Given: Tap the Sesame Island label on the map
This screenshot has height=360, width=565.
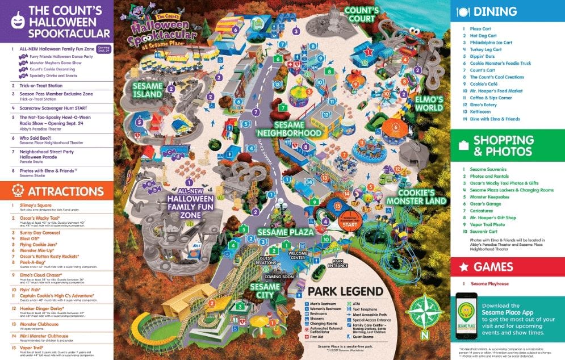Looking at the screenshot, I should coord(147,90).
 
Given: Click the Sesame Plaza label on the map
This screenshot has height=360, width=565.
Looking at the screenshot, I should coord(285,232).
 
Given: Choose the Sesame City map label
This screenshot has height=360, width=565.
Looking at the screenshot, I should coord(265,291).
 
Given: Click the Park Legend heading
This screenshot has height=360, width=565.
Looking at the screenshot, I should coord(345,292).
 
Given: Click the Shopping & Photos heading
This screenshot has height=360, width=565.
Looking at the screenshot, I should coord(504,145).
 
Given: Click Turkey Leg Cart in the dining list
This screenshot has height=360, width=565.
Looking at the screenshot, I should coord(486,49).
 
